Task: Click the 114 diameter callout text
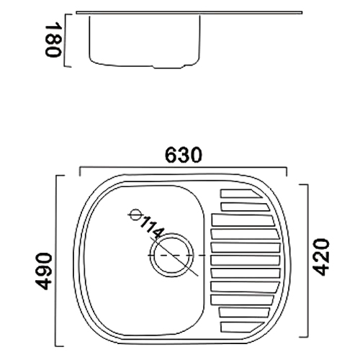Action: point(153,230)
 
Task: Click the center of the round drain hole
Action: point(171,256)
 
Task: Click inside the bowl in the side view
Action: point(144,40)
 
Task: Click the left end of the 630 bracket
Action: point(78,171)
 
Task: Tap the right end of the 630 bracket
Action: point(287,171)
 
